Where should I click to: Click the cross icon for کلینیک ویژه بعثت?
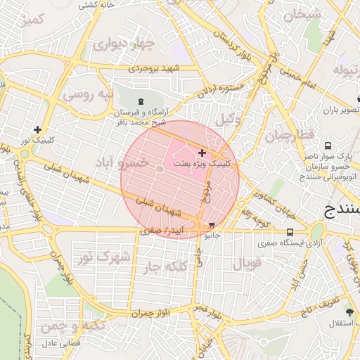click(x=202, y=153)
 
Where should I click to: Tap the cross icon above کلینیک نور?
click(x=37, y=129)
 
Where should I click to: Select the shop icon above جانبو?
click(x=212, y=226)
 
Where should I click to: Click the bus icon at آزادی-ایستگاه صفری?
click(x=290, y=232)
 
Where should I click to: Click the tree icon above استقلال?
click(x=349, y=310)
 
